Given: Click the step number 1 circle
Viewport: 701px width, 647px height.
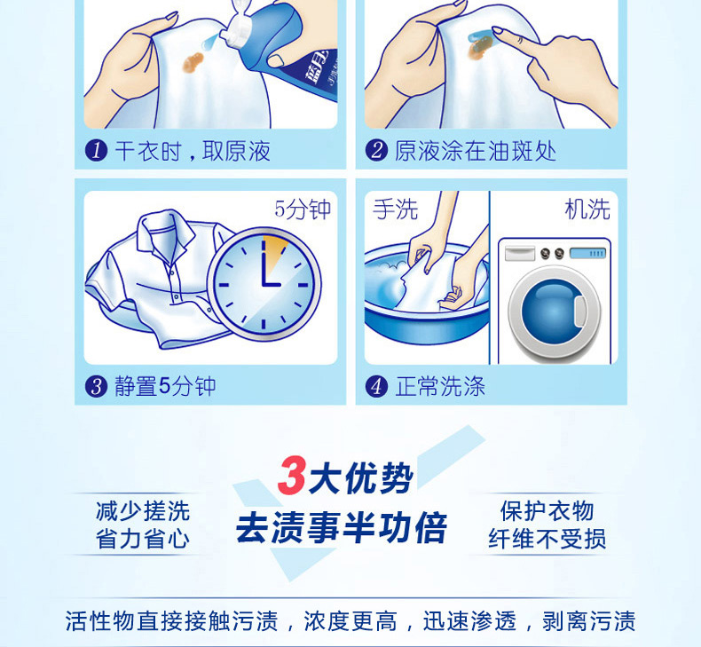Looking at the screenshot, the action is click(x=96, y=150).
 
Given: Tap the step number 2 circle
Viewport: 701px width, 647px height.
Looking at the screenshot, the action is click(x=376, y=150).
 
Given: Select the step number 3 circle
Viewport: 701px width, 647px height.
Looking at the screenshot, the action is click(x=96, y=386).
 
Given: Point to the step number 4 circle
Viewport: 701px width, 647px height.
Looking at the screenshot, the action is click(x=376, y=386).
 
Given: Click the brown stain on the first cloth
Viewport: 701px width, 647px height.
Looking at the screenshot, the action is click(x=193, y=62).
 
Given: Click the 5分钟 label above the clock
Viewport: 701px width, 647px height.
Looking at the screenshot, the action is click(x=303, y=209).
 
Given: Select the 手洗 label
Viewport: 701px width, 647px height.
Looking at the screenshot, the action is click(x=396, y=209).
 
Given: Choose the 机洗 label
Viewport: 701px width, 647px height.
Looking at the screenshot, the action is click(x=587, y=209).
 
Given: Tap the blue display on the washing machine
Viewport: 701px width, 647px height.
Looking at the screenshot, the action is click(x=588, y=254).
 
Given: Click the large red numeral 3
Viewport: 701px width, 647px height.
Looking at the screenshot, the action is click(x=291, y=476).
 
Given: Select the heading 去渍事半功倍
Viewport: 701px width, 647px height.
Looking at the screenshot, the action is click(x=341, y=528).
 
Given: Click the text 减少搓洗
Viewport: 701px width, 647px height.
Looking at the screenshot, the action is click(x=143, y=510).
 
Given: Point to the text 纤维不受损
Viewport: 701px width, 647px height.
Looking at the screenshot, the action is click(x=547, y=539).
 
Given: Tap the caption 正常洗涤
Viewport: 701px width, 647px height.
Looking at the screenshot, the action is click(x=440, y=386).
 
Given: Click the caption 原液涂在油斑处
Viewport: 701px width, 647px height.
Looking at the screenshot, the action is click(x=476, y=151).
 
